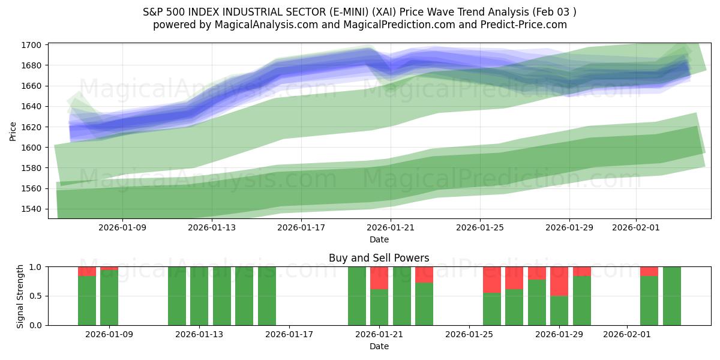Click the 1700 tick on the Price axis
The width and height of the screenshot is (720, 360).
point(32,45)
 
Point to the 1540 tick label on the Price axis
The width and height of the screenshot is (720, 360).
point(32,209)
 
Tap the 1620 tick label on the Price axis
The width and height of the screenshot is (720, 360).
point(32,127)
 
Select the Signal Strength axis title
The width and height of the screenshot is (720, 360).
point(20,296)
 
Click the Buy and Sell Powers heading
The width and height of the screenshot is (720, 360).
point(379,258)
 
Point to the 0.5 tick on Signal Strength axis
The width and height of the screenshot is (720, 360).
point(36,296)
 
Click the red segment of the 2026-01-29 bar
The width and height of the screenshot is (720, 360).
point(559,281)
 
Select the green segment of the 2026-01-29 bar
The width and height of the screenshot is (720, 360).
point(559,310)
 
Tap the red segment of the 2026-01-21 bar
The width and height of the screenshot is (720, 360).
point(379,278)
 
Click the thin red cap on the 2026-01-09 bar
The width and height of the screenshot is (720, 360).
point(109,268)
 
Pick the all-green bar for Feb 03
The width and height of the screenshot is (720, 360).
point(672,296)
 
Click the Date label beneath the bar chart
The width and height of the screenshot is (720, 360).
point(379,346)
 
